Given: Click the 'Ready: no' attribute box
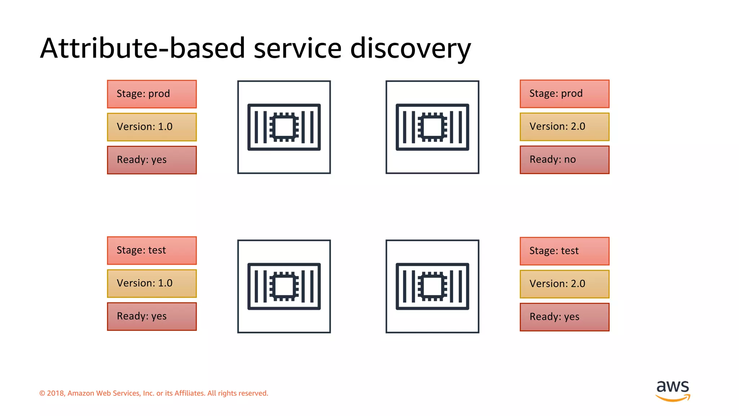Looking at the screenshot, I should tap(564, 160).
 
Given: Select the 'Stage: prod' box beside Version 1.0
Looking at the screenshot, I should tap(152, 94).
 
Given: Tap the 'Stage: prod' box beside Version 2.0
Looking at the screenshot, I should tap(564, 94).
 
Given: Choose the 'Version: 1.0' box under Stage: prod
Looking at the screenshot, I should tap(152, 127).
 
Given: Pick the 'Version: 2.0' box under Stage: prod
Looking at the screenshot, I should tap(564, 127).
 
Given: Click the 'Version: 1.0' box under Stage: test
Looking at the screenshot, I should tap(152, 283).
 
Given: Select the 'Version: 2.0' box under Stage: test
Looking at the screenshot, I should tap(564, 284).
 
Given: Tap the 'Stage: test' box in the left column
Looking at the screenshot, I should tap(152, 250).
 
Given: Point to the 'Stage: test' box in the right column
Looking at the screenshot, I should tap(564, 251).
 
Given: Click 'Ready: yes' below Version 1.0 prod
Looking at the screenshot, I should tap(152, 160).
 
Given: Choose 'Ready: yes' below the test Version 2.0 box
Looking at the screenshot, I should tap(564, 317).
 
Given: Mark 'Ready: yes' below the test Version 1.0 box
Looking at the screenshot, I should tap(152, 316).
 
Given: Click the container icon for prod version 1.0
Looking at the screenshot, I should tap(284, 127).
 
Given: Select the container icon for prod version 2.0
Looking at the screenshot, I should tap(432, 127).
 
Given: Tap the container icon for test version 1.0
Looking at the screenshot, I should tap(284, 286).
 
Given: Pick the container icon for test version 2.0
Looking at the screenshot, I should tap(432, 286).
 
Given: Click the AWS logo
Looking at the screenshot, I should tap(673, 390).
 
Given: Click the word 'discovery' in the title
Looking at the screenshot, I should tap(410, 48).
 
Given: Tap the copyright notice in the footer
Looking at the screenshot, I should tap(154, 393).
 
